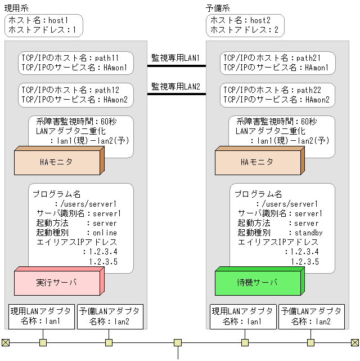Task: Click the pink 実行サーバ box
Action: pyautogui.click(x=59, y=281)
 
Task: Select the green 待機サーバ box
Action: pyautogui.click(x=260, y=281)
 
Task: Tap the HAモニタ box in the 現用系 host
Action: pyautogui.click(x=59, y=161)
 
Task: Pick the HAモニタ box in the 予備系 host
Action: pyautogui.click(x=260, y=161)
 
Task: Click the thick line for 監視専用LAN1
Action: pyautogui.click(x=177, y=66)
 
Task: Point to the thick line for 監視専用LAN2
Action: pyautogui.click(x=177, y=94)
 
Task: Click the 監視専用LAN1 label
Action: pyautogui.click(x=175, y=58)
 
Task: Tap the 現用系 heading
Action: pyautogui.click(x=16, y=8)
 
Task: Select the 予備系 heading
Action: pyautogui.click(x=218, y=8)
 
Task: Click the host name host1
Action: pyautogui.click(x=58, y=20)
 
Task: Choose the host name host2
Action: pyautogui.click(x=260, y=20)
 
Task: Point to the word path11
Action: pyautogui.click(x=107, y=58)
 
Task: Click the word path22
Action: pyautogui.click(x=309, y=90)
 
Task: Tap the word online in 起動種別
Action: pyautogui.click(x=105, y=233)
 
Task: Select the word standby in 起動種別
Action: pyautogui.click(x=308, y=233)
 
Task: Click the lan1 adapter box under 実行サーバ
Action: pyautogui.click(x=42, y=317)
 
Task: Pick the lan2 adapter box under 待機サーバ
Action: pyautogui.click(x=312, y=317)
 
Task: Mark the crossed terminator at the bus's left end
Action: pyautogui.click(x=6, y=342)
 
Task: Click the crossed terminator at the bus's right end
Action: pyautogui.click(x=355, y=342)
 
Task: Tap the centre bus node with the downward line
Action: pyautogui.click(x=178, y=342)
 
